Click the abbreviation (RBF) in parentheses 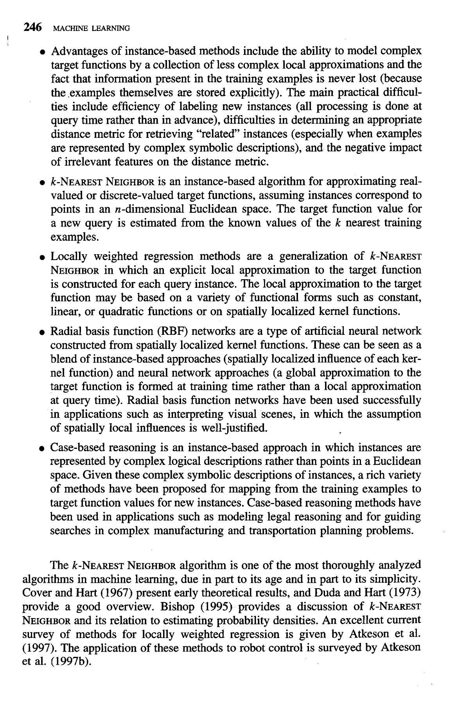click(172, 331)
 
